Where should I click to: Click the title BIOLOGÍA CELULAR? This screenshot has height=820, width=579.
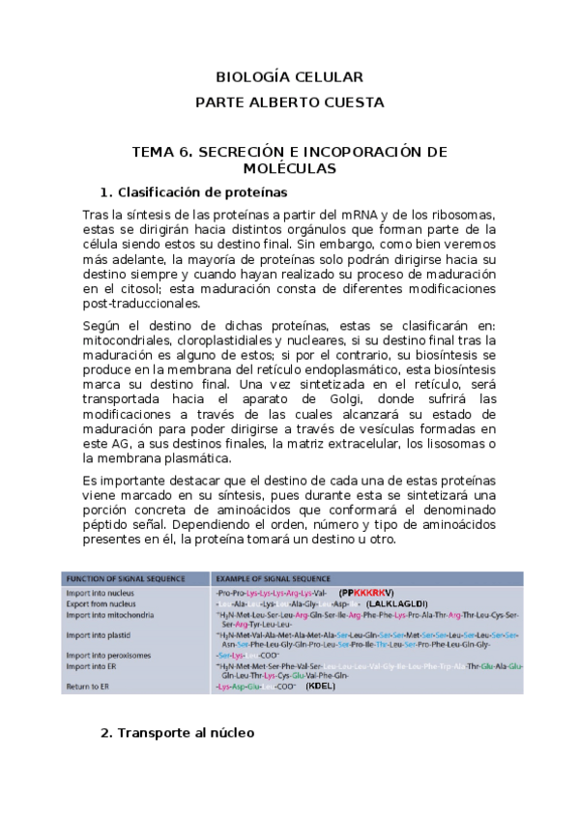289,76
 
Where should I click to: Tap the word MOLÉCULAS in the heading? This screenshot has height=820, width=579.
289,168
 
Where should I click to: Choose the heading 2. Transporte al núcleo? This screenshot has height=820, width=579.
177,733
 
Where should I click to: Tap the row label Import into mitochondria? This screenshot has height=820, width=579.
108,615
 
